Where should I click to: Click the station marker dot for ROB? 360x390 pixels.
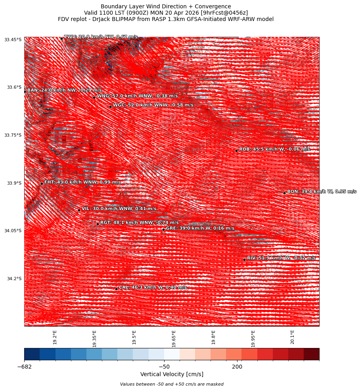click(x=236, y=151)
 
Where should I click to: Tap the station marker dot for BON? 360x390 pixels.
click(x=284, y=193)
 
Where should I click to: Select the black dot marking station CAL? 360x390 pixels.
click(x=116, y=289)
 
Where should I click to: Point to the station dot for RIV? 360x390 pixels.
click(x=244, y=260)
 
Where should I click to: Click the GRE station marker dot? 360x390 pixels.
click(x=163, y=229)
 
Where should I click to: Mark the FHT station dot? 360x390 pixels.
click(x=42, y=184)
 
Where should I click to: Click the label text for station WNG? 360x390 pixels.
click(x=137, y=96)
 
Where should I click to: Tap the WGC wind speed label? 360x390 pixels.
click(x=153, y=105)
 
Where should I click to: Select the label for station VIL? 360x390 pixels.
click(x=119, y=208)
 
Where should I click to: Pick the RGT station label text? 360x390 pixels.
click(x=139, y=223)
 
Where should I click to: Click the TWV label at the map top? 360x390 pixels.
click(x=101, y=37)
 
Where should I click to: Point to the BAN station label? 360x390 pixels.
click(x=64, y=90)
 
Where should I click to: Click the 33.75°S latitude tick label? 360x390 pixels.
click(x=13, y=135)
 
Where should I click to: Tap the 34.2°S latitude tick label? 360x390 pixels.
click(x=14, y=279)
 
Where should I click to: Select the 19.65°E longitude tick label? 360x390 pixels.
click(x=174, y=338)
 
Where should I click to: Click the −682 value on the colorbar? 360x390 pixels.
click(x=24, y=367)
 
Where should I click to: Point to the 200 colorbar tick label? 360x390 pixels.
click(x=237, y=367)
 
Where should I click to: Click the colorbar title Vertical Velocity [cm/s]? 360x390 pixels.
click(x=172, y=374)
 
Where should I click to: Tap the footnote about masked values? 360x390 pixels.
click(x=172, y=384)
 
